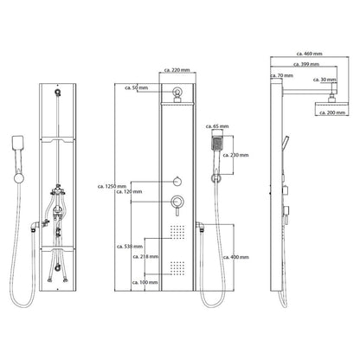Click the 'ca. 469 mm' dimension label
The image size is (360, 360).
[309, 54]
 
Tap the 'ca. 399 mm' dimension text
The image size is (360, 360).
[306, 64]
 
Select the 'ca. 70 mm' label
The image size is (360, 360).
[281, 75]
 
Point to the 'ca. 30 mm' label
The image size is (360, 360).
[325, 80]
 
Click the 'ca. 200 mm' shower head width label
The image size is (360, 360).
[332, 112]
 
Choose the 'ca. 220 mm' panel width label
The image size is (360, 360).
[177, 70]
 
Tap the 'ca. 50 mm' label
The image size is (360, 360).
[136, 87]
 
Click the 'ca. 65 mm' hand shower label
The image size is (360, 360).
[217, 126]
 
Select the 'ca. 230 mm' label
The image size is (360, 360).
[235, 155]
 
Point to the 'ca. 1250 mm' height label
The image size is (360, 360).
[112, 187]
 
